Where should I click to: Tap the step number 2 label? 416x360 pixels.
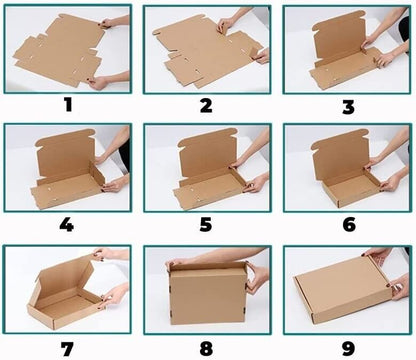(x=205, y=104)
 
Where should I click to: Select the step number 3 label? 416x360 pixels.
(x=347, y=104)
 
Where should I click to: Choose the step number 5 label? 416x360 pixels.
(x=205, y=224)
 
